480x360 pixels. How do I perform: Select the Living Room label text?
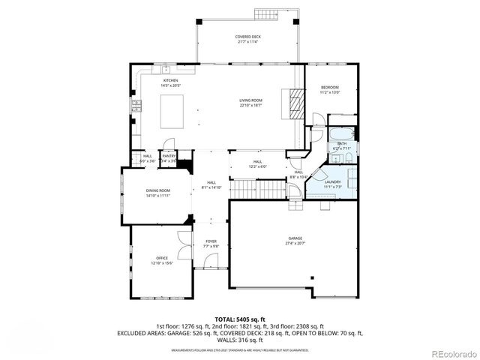pyautogui.click(x=250, y=102)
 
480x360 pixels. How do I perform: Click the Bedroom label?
pyautogui.click(x=330, y=89)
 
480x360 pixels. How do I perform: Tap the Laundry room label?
pyautogui.click(x=333, y=184)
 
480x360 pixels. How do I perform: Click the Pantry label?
pyautogui.click(x=169, y=157)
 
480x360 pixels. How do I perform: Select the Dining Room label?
pyautogui.click(x=158, y=193)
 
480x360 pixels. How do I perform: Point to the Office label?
pyautogui.click(x=162, y=259)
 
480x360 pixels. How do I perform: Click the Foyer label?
pyautogui.click(x=211, y=243)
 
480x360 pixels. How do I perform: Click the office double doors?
pyautogui.click(x=184, y=246)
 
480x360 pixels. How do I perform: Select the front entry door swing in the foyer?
pyautogui.click(x=212, y=262)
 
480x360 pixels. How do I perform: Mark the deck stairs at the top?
pyautogui.click(x=266, y=14)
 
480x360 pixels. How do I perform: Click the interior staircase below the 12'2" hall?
pyautogui.click(x=259, y=190)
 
